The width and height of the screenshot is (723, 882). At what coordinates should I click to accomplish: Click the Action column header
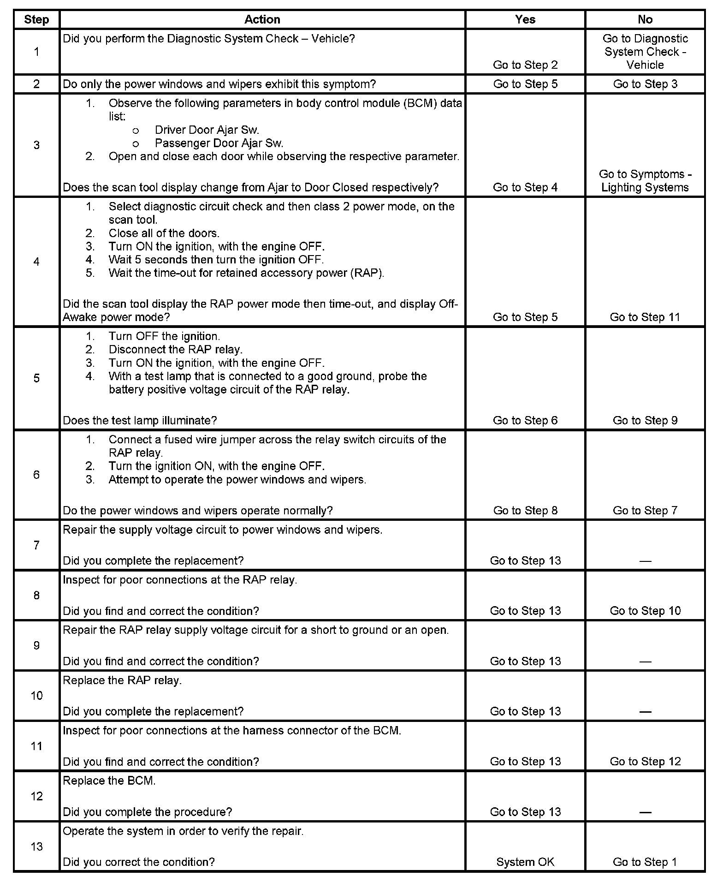(262, 19)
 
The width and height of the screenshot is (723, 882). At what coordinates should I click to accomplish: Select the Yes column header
(525, 19)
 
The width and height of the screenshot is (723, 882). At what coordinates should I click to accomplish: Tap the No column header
(645, 19)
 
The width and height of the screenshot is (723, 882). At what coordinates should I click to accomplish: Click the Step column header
(36, 19)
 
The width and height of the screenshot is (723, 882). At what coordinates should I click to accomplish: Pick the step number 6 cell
(36, 475)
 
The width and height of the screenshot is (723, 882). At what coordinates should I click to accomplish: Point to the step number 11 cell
(36, 746)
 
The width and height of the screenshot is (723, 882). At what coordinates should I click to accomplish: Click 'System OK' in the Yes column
(525, 862)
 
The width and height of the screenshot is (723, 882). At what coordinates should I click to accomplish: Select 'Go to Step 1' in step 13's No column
(645, 862)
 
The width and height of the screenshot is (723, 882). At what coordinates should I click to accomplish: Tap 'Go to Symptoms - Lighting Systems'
(645, 181)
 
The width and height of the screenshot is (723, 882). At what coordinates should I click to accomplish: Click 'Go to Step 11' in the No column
(645, 317)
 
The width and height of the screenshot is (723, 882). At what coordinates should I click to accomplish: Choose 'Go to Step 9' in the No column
(645, 420)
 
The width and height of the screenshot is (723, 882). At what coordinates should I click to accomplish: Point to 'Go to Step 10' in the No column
(645, 611)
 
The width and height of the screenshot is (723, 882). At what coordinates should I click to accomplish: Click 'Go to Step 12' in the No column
(645, 762)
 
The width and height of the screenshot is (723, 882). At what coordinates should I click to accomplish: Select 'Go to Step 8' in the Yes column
(525, 510)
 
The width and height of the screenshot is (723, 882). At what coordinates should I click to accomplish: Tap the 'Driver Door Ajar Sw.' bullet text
(207, 130)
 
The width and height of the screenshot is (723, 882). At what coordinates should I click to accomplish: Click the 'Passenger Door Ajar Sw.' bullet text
(219, 143)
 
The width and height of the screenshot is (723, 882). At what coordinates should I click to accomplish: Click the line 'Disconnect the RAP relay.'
(175, 350)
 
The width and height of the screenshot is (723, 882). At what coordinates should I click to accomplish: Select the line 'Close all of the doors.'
(164, 233)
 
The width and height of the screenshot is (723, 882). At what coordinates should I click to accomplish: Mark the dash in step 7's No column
(645, 561)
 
